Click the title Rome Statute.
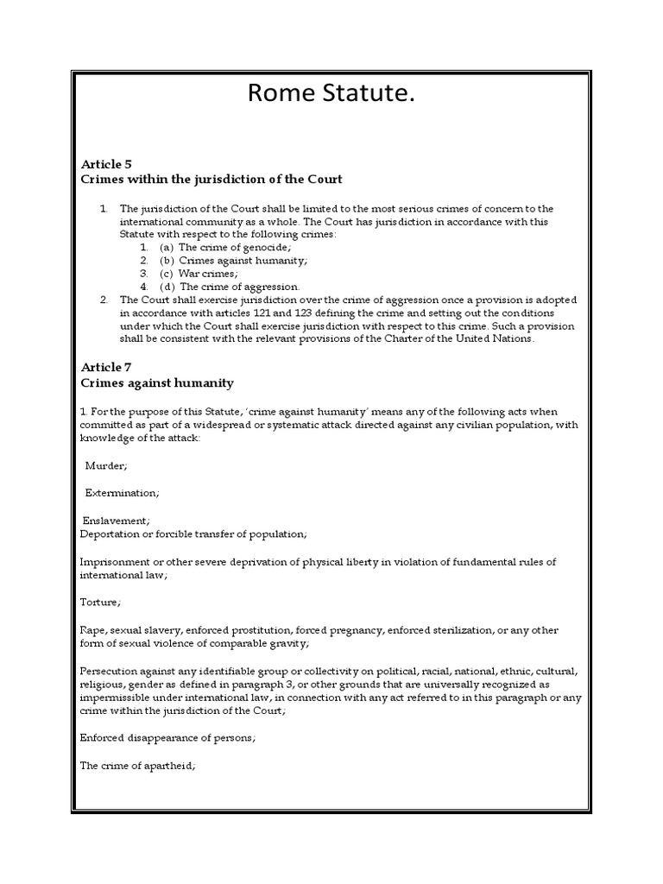(x=331, y=93)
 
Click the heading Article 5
(x=105, y=163)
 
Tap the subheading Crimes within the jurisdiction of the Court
(x=212, y=180)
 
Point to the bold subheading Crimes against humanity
(x=157, y=382)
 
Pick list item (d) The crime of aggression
(x=230, y=286)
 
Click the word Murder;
(x=106, y=465)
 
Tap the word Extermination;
(x=122, y=492)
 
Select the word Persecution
(x=111, y=671)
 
